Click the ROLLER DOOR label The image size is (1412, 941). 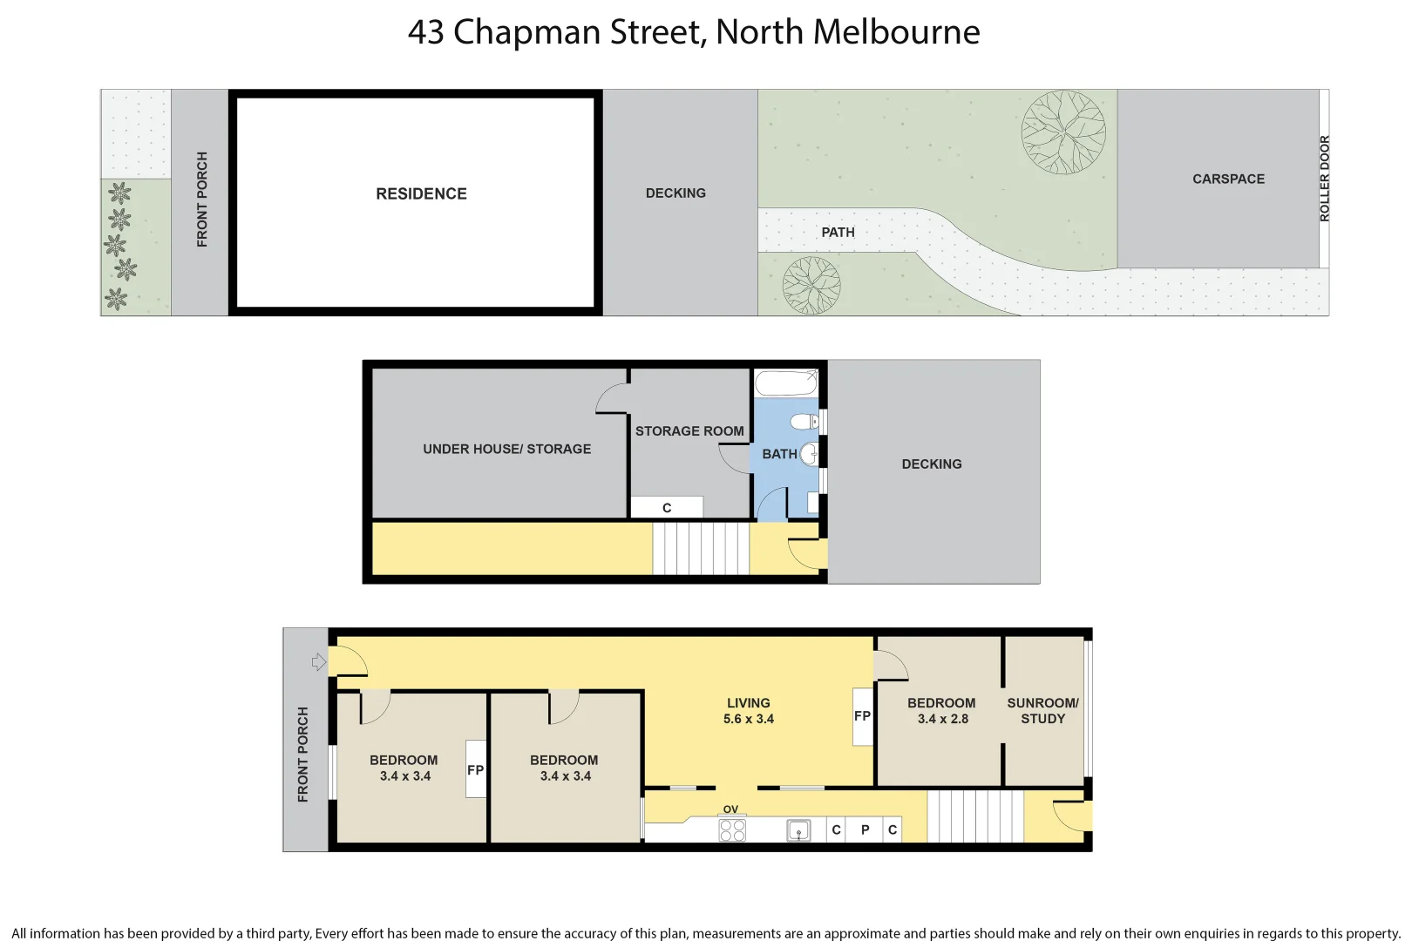[1324, 179]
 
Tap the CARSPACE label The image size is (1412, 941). [1228, 179]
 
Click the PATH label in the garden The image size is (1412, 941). [838, 232]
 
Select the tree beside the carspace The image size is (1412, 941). [1063, 132]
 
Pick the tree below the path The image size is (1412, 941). [811, 285]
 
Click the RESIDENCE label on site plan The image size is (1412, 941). [421, 193]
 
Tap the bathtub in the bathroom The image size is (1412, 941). [786, 382]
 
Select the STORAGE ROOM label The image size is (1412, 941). [689, 430]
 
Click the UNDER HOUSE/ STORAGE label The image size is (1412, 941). [506, 449]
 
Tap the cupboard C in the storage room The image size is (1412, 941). [667, 507]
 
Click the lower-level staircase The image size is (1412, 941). [701, 548]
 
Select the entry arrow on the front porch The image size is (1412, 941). [319, 662]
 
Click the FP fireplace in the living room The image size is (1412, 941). [862, 716]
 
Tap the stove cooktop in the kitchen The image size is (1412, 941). [732, 829]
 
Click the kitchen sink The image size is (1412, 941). [798, 830]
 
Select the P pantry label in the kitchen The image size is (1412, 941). [865, 829]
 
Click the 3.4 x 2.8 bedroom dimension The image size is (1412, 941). [942, 719]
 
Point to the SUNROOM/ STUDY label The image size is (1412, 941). [1042, 710]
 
